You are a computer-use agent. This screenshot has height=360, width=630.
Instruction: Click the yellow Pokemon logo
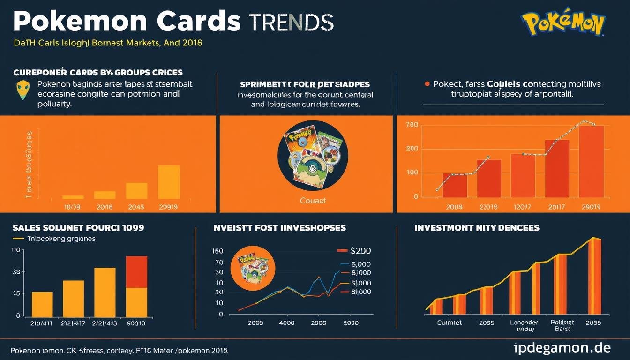563,22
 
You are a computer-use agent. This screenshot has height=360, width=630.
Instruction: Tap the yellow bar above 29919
169,182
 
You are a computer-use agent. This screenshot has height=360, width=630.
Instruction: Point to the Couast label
313,200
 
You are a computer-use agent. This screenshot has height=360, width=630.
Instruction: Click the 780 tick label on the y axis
412,125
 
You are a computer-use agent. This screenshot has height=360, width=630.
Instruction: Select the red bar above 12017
523,175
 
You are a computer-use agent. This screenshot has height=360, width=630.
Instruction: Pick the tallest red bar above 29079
591,161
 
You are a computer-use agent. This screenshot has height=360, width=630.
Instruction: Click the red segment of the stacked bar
137,272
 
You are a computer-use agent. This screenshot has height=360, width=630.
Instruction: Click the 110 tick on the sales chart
15,250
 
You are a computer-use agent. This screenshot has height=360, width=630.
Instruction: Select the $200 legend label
360,251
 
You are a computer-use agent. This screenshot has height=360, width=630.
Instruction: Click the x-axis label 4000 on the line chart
286,323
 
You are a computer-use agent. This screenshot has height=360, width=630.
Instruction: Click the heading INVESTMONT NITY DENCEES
477,228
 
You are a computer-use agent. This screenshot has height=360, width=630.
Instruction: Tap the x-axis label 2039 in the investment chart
593,323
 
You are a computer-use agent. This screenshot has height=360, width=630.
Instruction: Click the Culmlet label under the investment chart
449,323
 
